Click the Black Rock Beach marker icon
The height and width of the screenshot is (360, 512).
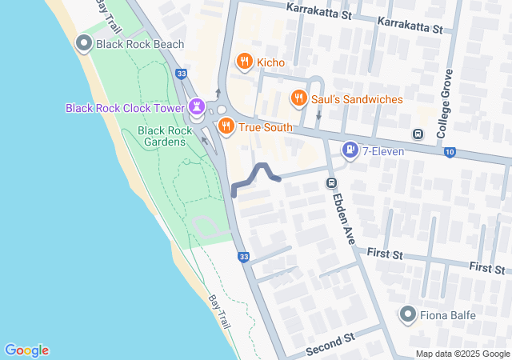[83, 44]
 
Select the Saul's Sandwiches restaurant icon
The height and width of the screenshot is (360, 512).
[298, 98]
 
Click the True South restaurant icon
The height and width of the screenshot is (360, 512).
[226, 126]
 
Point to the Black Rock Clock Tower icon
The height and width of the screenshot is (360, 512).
[197, 106]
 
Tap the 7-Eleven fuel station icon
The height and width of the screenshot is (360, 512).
[350, 150]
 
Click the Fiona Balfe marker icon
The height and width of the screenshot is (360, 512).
[408, 314]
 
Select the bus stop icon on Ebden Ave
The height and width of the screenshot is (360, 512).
[330, 183]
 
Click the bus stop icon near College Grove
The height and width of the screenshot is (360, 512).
[417, 134]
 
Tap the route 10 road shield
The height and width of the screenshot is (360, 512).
[450, 151]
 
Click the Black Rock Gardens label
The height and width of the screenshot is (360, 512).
[162, 136]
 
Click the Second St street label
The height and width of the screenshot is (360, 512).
[330, 346]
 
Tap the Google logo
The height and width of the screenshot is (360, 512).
[26, 350]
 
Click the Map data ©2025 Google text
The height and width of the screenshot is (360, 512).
[462, 354]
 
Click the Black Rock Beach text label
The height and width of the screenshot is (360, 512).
[140, 45]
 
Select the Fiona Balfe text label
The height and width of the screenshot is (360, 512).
[448, 315]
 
